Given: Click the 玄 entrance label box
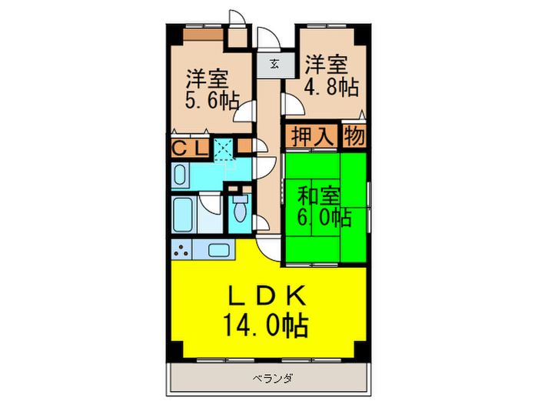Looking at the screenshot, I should [x=274, y=64].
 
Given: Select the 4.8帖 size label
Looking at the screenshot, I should [x=330, y=86].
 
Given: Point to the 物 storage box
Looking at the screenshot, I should [x=354, y=136].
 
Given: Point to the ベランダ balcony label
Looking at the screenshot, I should [x=267, y=378].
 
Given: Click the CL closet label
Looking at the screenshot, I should [x=188, y=146].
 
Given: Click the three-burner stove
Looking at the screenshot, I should [x=183, y=249].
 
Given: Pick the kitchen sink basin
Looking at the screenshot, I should [x=218, y=250].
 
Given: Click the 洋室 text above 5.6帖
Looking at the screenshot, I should [x=206, y=78].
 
